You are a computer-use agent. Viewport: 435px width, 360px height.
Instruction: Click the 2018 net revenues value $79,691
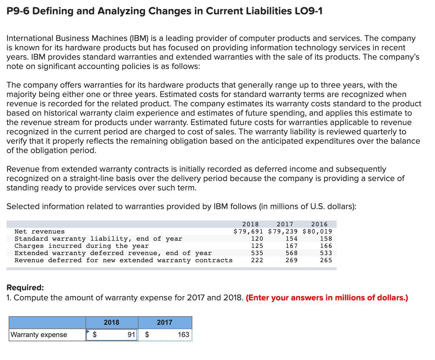249,231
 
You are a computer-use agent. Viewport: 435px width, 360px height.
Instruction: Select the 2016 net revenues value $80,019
317,231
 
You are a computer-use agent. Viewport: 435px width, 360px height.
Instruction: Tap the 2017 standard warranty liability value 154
291,239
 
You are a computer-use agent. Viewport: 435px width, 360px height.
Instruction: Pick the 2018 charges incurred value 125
257,246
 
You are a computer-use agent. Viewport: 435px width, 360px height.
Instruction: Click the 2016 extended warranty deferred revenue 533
326,253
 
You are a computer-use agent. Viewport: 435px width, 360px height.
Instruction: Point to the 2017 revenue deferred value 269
291,260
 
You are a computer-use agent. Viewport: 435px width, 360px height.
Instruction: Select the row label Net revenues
39,231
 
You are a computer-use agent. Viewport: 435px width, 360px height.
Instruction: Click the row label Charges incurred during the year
81,246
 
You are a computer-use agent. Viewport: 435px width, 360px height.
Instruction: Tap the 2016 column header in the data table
319,224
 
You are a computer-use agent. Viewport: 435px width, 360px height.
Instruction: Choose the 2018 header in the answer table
111,322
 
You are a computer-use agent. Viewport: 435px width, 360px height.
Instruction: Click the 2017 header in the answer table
164,322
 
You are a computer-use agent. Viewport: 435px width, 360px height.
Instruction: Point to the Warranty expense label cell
39,334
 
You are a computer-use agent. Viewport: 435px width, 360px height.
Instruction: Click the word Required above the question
25,287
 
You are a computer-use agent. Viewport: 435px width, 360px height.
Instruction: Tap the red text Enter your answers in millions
327,298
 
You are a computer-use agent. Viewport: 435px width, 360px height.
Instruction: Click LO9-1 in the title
308,11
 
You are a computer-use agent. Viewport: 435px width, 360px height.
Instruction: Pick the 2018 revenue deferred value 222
257,260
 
